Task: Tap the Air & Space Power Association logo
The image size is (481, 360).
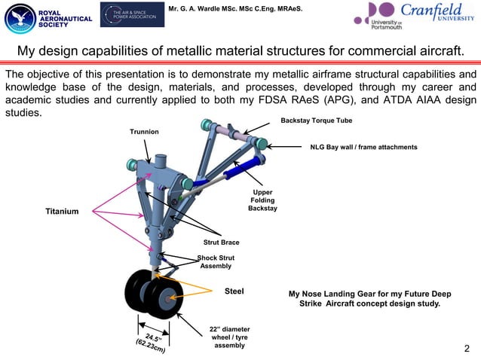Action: (x=132, y=14)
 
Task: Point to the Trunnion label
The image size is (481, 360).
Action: (x=144, y=132)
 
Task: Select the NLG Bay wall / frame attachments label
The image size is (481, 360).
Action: (x=363, y=147)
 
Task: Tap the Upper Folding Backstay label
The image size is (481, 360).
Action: (x=262, y=200)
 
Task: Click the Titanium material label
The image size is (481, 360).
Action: (x=63, y=212)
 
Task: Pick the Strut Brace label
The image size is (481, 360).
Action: (x=221, y=243)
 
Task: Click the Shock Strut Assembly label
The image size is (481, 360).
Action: (x=216, y=262)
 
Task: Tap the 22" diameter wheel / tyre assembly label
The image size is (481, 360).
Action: (x=229, y=337)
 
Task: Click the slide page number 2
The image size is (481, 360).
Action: (x=467, y=348)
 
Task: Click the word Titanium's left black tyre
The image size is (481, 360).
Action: (x=139, y=294)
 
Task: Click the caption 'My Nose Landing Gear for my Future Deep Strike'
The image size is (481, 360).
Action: (x=364, y=294)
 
